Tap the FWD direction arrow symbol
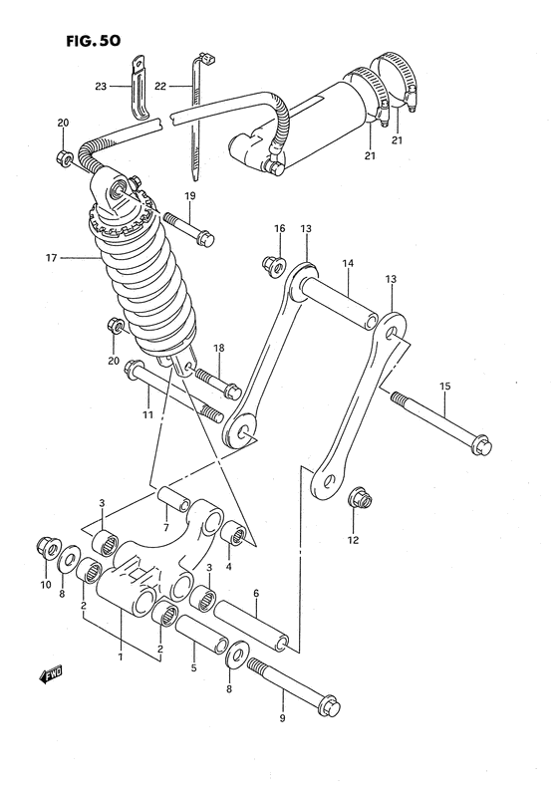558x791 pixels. pyautogui.click(x=51, y=676)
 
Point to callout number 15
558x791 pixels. pyautogui.click(x=444, y=386)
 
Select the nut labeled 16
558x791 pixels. pyautogui.click(x=270, y=263)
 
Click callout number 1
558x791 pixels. pyautogui.click(x=121, y=659)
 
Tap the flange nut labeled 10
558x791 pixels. pyautogui.click(x=45, y=545)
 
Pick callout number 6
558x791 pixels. pyautogui.click(x=256, y=594)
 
